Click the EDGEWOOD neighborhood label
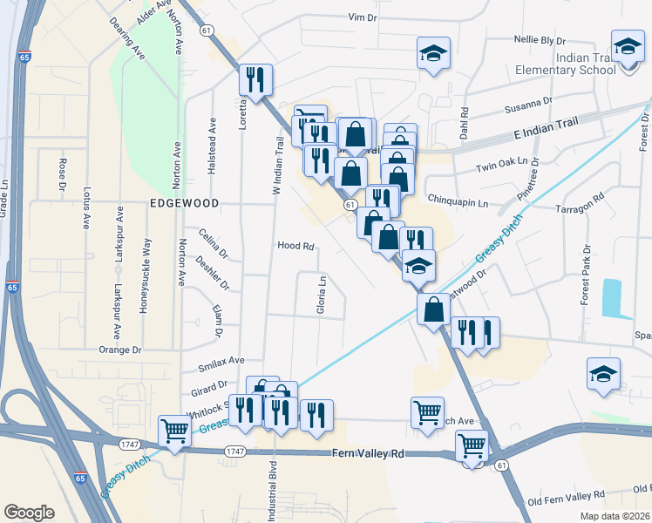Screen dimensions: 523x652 (x=182, y=202)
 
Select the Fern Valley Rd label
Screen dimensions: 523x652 (x=369, y=454)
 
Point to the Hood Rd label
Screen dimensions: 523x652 (x=295, y=247)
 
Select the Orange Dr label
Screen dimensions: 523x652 (x=119, y=350)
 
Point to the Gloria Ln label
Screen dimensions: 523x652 (x=321, y=297)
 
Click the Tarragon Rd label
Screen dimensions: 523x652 (x=580, y=208)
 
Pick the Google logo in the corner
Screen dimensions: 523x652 (x=30, y=512)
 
